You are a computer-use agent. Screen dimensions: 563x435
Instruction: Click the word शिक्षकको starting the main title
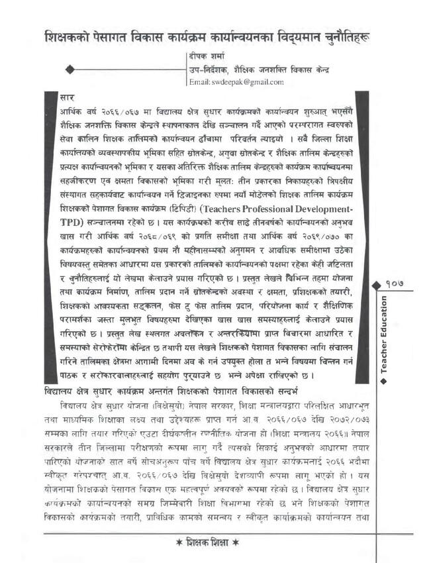(72, 37)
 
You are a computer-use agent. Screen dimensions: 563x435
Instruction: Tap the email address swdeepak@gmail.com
(236, 82)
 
